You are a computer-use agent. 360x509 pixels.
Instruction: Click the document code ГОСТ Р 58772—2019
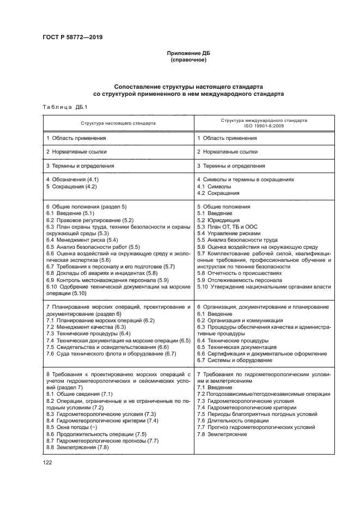click(x=72, y=37)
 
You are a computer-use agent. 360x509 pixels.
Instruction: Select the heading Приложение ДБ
click(x=188, y=53)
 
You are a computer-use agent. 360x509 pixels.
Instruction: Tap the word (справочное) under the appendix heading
click(x=188, y=60)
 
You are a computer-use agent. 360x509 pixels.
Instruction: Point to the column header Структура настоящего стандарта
click(x=118, y=123)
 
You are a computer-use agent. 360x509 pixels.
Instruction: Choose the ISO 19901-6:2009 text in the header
click(x=264, y=126)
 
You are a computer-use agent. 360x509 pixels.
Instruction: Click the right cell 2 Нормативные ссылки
click(x=227, y=152)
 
